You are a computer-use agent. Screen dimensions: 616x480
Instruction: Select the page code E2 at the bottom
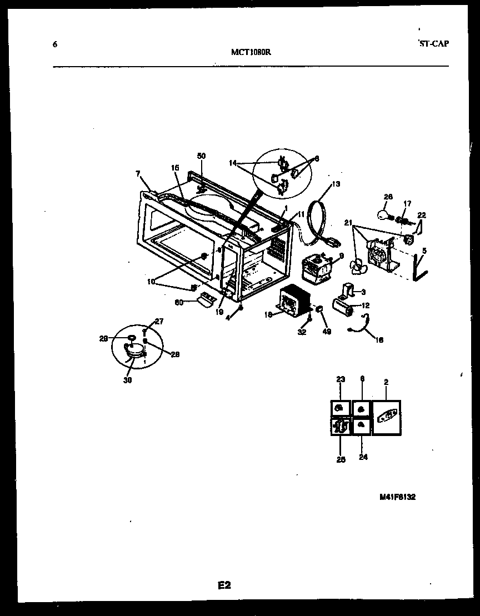point(224,585)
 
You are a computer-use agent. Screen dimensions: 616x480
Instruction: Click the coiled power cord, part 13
point(319,222)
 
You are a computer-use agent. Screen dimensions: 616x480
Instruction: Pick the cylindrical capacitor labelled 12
point(343,306)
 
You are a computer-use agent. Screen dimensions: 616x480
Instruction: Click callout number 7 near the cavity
point(138,174)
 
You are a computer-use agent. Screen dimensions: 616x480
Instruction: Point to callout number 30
point(128,380)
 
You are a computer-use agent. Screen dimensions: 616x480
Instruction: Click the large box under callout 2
point(386,418)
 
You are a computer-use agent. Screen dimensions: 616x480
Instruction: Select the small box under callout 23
point(341,409)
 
